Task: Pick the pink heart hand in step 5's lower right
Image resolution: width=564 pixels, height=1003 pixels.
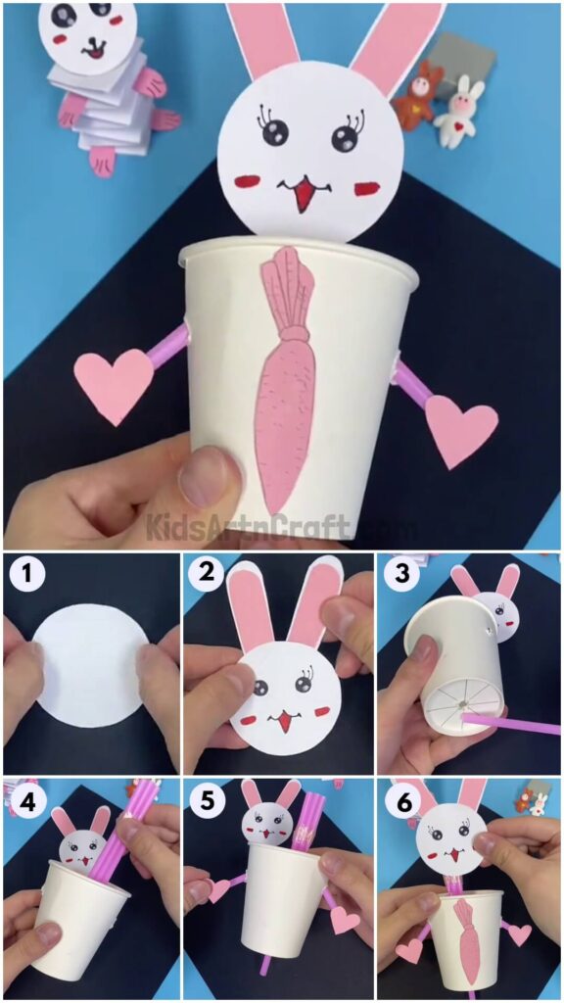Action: click(343, 919)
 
